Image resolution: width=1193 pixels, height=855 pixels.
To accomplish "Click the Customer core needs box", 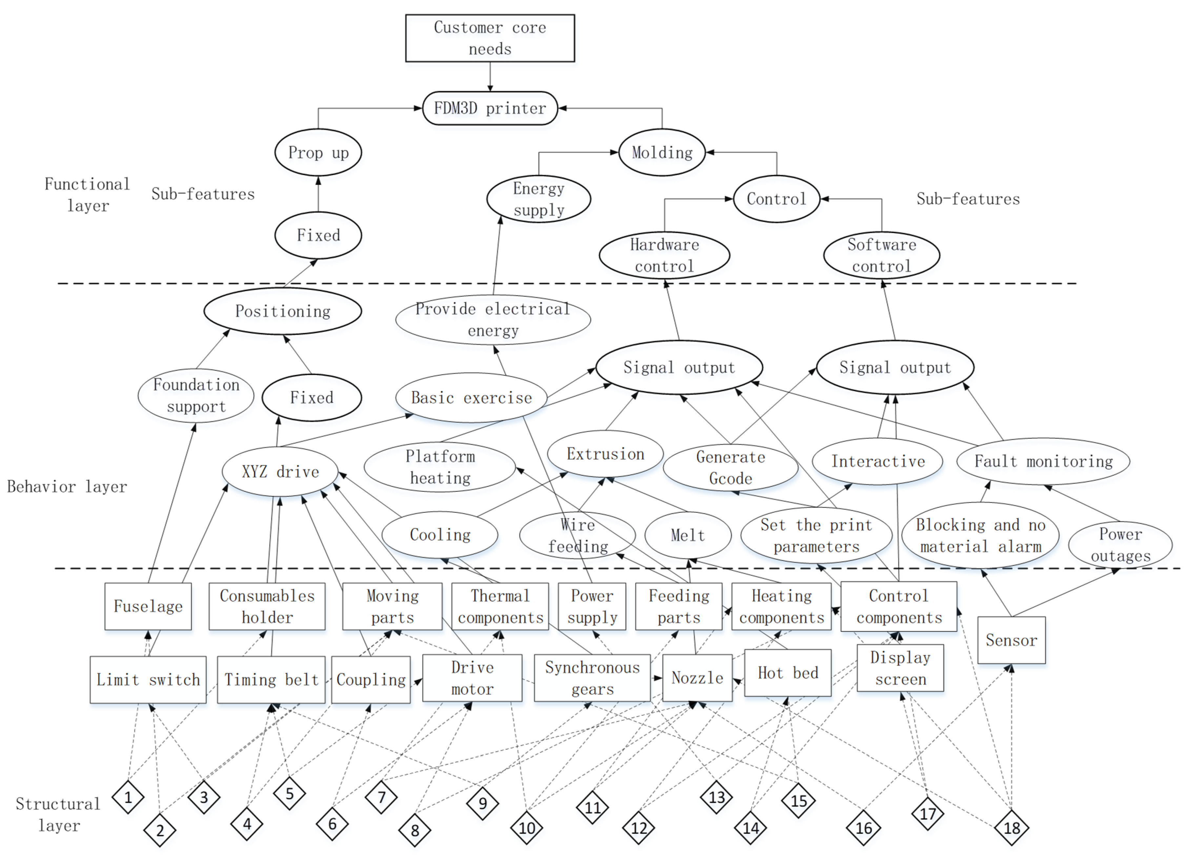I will (x=490, y=38).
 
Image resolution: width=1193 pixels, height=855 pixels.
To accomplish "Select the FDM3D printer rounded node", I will (x=490, y=108).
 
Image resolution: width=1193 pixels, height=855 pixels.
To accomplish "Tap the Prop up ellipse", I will (x=318, y=152).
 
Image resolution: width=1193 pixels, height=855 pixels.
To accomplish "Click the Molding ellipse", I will (x=662, y=152).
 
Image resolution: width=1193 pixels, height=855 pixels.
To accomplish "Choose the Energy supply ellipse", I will (x=539, y=199).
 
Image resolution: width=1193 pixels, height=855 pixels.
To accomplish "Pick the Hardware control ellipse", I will (x=664, y=256).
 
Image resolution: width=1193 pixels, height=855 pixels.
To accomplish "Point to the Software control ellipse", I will (x=881, y=256).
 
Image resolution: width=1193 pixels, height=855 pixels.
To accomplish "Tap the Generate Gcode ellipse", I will (x=731, y=467).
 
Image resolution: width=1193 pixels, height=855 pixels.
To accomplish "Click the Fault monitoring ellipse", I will (x=1043, y=461).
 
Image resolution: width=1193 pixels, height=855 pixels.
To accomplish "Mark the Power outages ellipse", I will (x=1121, y=545).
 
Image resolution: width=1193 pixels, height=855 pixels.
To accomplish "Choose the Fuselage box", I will (x=148, y=606).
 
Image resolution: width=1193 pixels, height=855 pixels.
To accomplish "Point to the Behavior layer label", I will (x=67, y=487).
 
